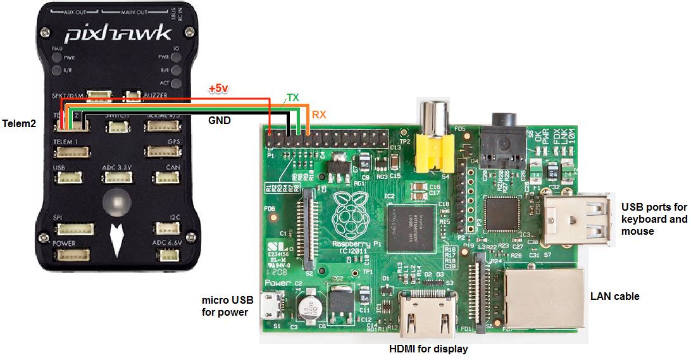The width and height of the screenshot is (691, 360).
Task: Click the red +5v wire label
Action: point(218,89)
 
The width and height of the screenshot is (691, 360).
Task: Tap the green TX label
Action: point(293,97)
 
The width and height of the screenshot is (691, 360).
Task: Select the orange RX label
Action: point(318,115)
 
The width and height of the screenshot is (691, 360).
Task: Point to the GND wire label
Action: point(220,119)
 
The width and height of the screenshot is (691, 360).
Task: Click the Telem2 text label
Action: point(19,122)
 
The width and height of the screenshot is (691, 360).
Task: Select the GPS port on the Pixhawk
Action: point(163,151)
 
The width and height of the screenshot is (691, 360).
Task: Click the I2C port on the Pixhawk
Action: point(166,228)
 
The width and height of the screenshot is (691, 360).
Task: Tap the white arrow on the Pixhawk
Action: point(116,236)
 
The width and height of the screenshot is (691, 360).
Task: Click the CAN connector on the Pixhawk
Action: point(167,178)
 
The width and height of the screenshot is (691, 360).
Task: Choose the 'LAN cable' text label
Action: point(614,296)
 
